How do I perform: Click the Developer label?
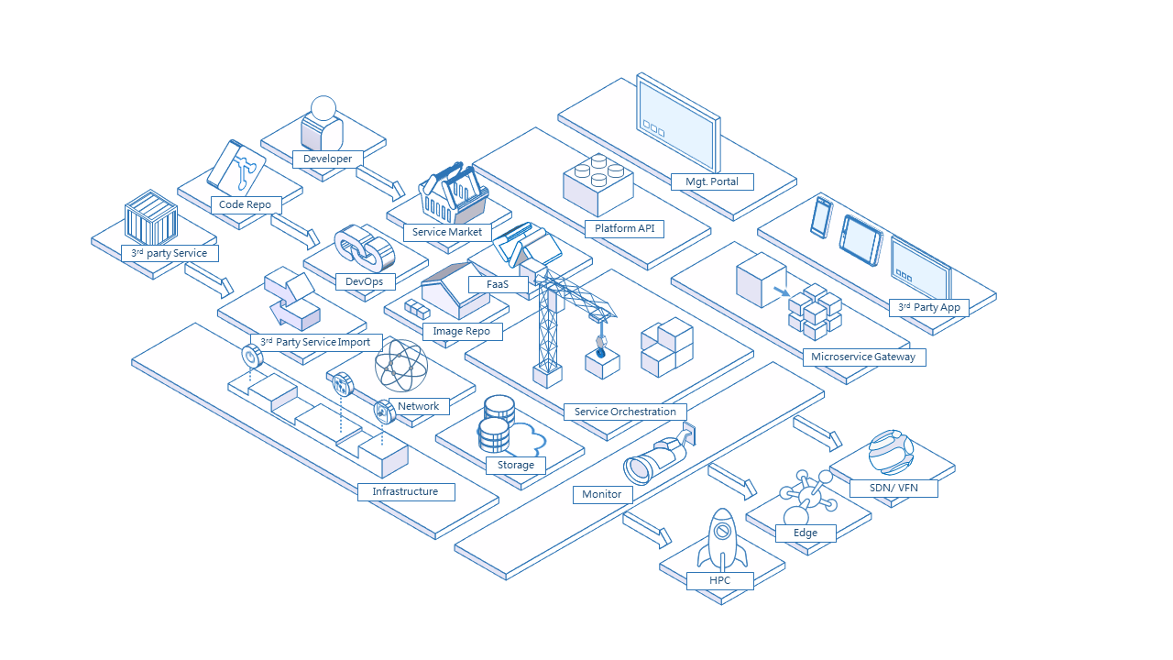pos(327,159)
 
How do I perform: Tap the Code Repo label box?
pos(245,204)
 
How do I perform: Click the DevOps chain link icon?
pos(364,247)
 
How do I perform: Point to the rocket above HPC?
pos(721,539)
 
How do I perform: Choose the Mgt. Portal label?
pos(712,181)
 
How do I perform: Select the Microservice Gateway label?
pos(863,357)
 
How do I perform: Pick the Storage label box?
pos(516,465)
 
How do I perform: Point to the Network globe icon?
pos(401,366)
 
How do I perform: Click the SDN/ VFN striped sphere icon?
pos(891,452)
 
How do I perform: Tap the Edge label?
pos(806,533)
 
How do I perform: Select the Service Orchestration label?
pos(625,412)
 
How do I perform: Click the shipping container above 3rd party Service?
pos(150,217)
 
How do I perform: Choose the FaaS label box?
pos(498,284)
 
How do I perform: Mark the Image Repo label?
pos(462,331)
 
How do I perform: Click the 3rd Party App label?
pos(928,307)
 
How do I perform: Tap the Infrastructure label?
pos(405,491)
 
